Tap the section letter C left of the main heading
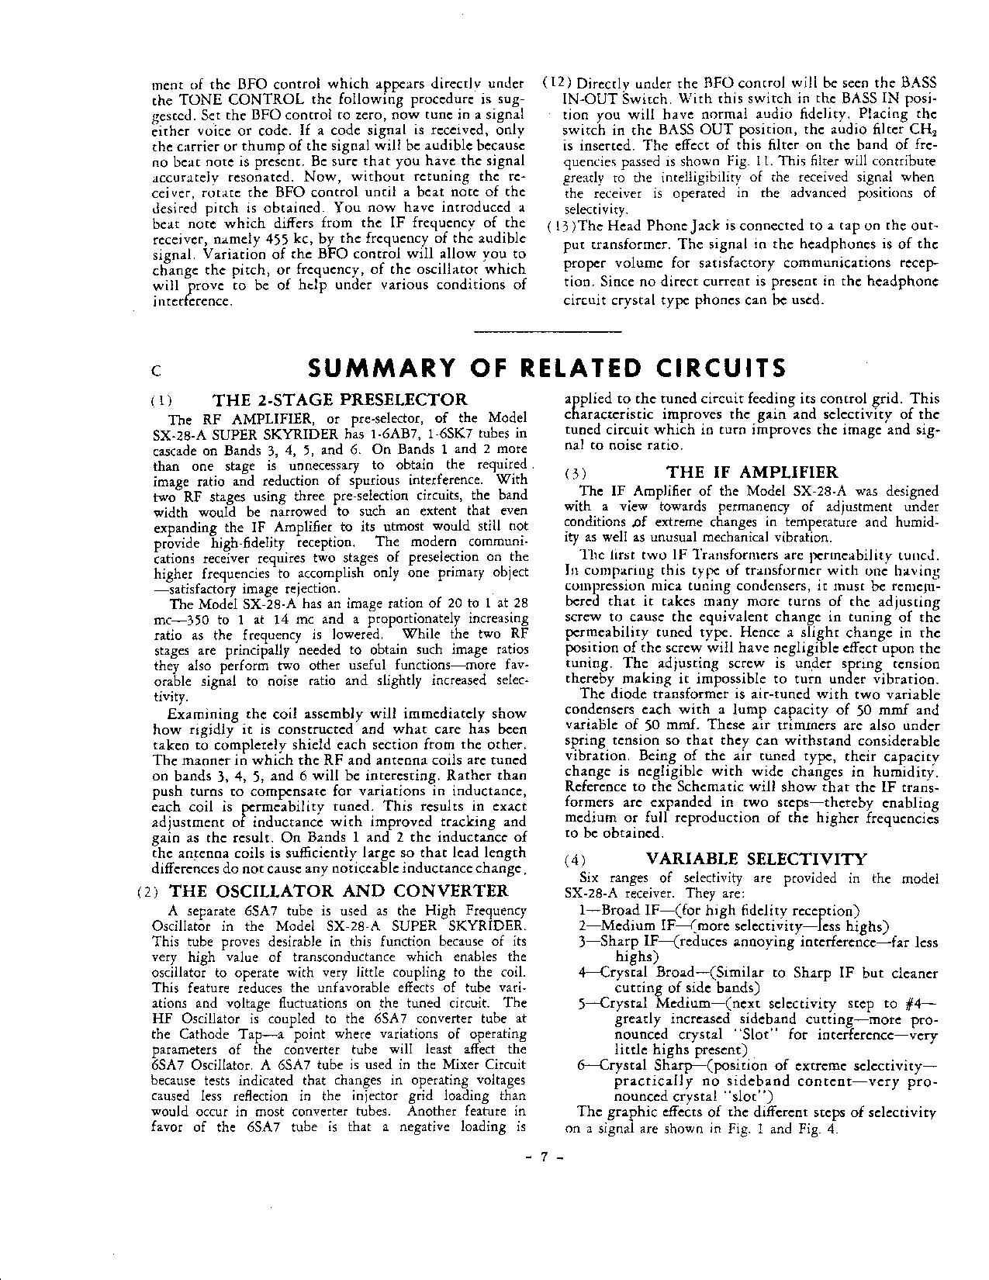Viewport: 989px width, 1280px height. point(156,372)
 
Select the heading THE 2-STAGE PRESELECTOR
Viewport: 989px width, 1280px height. point(341,400)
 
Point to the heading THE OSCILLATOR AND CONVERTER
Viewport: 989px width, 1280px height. point(338,891)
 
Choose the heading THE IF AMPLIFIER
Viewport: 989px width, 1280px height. point(752,472)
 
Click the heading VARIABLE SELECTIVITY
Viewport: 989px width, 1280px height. point(756,859)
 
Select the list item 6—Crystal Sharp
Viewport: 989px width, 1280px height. point(632,1065)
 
